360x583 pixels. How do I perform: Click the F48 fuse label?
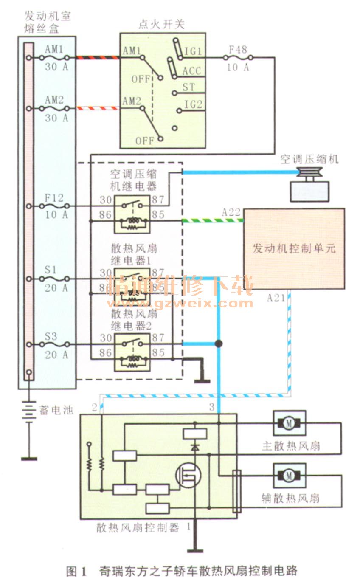[238, 49]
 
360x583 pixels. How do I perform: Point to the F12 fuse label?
[54, 197]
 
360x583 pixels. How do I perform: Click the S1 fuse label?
[51, 270]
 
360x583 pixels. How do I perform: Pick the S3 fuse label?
[51, 336]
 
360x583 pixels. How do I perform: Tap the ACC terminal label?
[191, 71]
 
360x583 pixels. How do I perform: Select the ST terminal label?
[189, 87]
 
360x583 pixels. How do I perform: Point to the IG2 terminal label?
[193, 104]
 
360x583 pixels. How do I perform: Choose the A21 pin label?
[276, 298]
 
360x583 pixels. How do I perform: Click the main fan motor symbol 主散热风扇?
[289, 423]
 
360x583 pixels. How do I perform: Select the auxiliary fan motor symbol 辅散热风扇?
[289, 476]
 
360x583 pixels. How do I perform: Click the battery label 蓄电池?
[56, 410]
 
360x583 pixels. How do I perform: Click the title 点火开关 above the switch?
[162, 24]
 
